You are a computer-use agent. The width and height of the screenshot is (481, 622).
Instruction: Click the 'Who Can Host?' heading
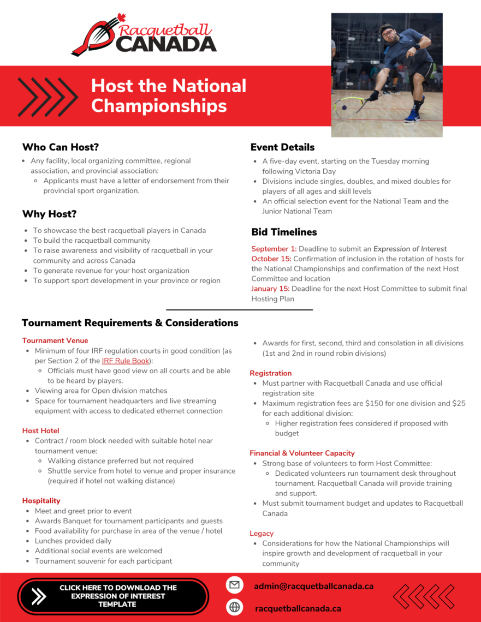pos(60,147)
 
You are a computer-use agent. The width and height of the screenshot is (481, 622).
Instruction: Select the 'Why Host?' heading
pos(49,214)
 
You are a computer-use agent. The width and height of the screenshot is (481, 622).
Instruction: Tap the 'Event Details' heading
pos(282,147)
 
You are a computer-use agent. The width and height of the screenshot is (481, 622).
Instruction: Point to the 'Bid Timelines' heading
pos(284,232)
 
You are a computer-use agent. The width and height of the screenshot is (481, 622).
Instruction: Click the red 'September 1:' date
pos(274,249)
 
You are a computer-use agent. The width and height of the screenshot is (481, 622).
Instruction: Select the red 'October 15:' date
pos(271,259)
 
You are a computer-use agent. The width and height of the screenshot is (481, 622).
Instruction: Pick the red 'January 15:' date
pos(271,289)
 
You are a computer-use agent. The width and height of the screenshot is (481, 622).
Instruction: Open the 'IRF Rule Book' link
pos(126,361)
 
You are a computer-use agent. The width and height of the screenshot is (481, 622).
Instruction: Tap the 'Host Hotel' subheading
pos(40,430)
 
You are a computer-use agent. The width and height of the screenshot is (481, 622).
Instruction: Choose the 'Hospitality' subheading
pos(41,500)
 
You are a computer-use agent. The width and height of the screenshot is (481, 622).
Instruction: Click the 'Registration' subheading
pos(270,373)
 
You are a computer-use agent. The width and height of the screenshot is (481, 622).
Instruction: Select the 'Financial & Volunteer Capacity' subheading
pos(302,453)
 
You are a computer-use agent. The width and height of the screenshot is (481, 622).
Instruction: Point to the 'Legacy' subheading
pos(262,533)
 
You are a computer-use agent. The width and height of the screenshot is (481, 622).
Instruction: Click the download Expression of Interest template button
pos(113,596)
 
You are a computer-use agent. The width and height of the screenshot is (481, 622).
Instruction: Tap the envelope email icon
pos(235,585)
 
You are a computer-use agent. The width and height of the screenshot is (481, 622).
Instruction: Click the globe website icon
pos(235,607)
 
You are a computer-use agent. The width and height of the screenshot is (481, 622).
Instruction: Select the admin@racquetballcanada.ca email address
pos(313,586)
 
